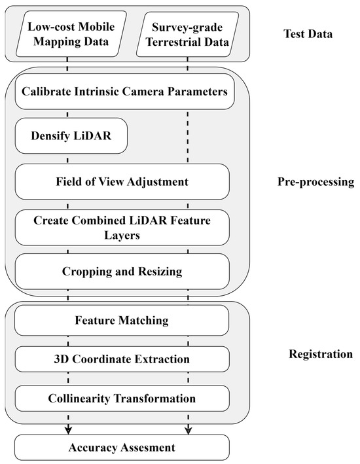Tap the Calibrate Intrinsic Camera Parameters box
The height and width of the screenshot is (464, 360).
pos(122,93)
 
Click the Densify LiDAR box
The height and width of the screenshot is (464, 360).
pos(69,136)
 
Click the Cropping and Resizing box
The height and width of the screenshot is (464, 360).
pos(122,271)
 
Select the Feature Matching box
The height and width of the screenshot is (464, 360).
pos(122,321)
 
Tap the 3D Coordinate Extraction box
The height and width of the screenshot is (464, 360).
pos(122,359)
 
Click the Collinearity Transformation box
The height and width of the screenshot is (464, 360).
pos(122,397)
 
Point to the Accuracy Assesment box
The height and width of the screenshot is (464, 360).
pos(122,448)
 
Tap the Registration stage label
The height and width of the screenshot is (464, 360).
pos(321,355)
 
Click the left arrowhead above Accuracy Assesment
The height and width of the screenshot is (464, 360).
pos(68,429)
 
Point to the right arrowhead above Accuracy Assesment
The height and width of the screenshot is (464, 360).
pos(189,429)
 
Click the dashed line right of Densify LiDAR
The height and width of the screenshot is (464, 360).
pos(189,136)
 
